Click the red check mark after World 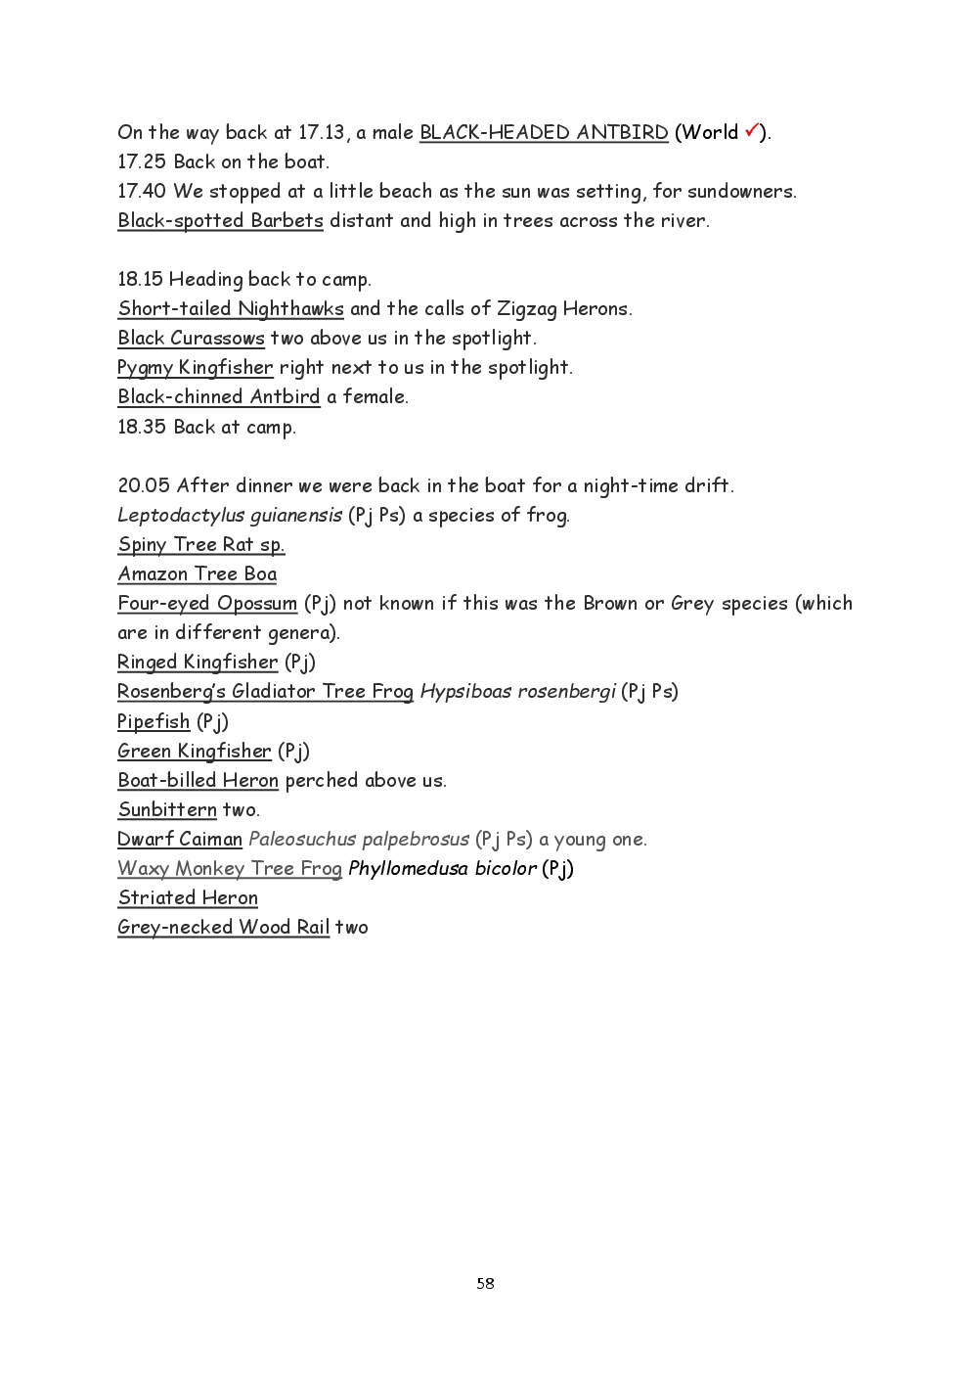pos(752,130)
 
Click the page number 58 pos(485,1283)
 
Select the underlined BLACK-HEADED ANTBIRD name pos(544,133)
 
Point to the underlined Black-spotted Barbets pos(220,221)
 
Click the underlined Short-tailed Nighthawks pos(231,309)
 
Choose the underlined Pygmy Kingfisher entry pos(196,368)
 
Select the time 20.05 pos(144,486)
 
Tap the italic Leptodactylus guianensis pos(230,516)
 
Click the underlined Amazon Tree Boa pos(197,574)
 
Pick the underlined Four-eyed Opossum pos(207,604)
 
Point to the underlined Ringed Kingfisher pos(198,663)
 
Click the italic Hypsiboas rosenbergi pos(517,692)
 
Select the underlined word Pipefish pos(154,722)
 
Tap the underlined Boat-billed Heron pos(198,781)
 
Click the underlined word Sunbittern pos(167,810)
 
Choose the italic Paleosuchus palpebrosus pos(359,840)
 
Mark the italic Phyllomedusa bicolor pos(442,869)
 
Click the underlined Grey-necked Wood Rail pos(223,928)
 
